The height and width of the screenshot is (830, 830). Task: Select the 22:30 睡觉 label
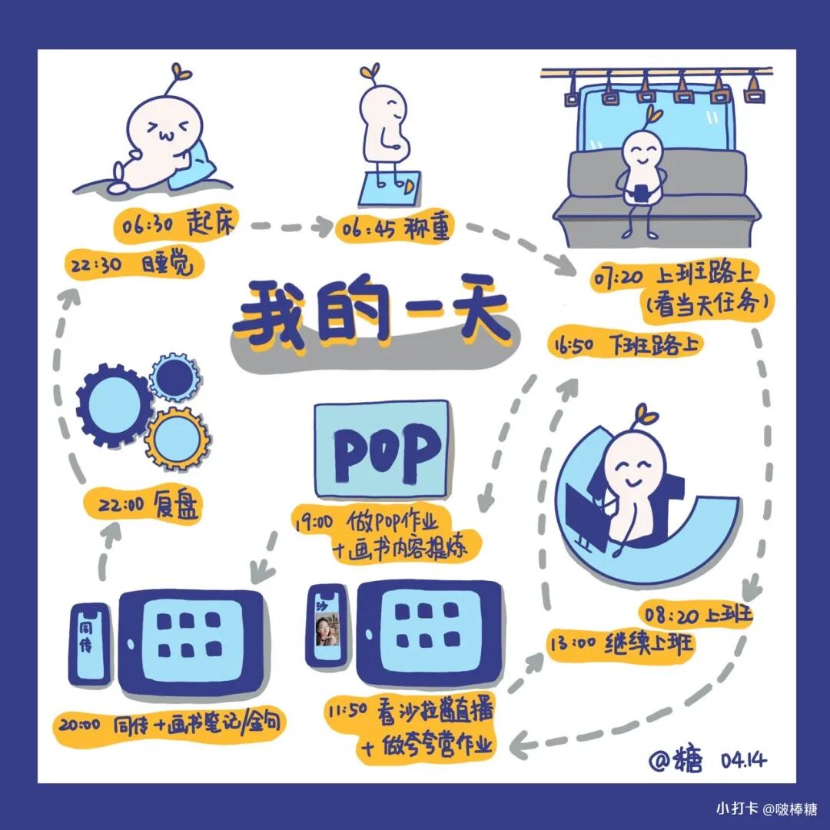[x=138, y=265]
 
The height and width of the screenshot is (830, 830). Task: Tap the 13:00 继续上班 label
[x=621, y=642]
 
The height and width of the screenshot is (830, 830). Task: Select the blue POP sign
[x=381, y=448]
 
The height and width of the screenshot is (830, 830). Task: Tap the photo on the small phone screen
[x=330, y=632]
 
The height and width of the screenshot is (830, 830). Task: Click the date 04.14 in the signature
[x=744, y=760]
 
